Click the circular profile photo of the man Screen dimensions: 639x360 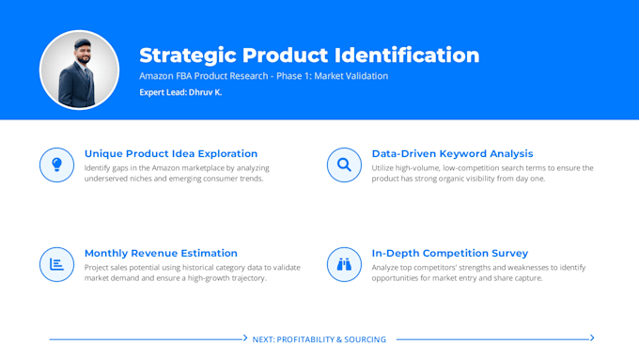80,70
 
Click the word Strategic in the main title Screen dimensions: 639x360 188,55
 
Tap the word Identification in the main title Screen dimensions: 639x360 407,55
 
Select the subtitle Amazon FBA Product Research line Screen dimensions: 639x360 264,76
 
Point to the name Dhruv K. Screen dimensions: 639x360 206,92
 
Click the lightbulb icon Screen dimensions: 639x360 57,164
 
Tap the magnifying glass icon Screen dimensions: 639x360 344,164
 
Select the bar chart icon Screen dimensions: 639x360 56,264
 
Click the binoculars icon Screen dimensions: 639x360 344,264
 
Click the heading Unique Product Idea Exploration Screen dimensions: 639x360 171,154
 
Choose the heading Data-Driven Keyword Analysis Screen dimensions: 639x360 452,154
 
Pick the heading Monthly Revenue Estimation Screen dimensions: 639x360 161,253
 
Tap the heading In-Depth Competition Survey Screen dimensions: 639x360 450,253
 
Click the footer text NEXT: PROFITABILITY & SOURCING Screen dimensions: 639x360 319,339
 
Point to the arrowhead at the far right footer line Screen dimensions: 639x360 592,337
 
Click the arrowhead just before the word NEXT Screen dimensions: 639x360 245,337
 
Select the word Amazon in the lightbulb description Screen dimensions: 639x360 166,168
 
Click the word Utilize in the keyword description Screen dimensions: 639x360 382,168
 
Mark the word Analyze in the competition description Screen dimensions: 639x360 384,268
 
